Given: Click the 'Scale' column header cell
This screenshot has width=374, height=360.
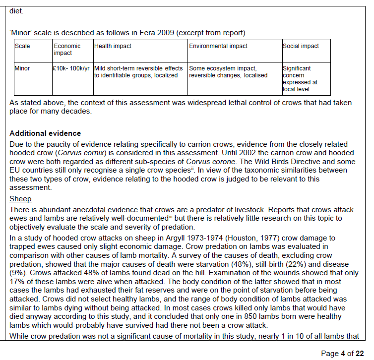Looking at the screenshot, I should click(22, 46).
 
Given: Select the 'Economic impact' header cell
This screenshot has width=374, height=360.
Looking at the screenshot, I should click(66, 49).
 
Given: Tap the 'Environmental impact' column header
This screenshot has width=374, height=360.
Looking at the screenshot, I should click(218, 46).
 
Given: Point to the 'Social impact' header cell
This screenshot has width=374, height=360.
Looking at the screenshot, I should click(301, 46).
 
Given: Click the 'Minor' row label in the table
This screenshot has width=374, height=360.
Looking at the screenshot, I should click(23, 68).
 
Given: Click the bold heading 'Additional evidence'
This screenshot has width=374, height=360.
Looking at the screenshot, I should click(45, 134).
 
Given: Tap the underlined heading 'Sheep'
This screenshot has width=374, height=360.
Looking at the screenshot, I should click(20, 199).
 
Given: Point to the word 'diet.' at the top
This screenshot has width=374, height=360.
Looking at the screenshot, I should click(16, 9).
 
